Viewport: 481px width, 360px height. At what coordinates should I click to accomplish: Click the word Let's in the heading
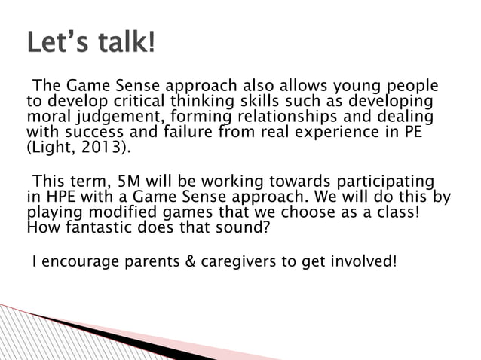[57, 43]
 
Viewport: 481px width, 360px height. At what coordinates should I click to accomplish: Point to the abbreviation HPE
[57, 197]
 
